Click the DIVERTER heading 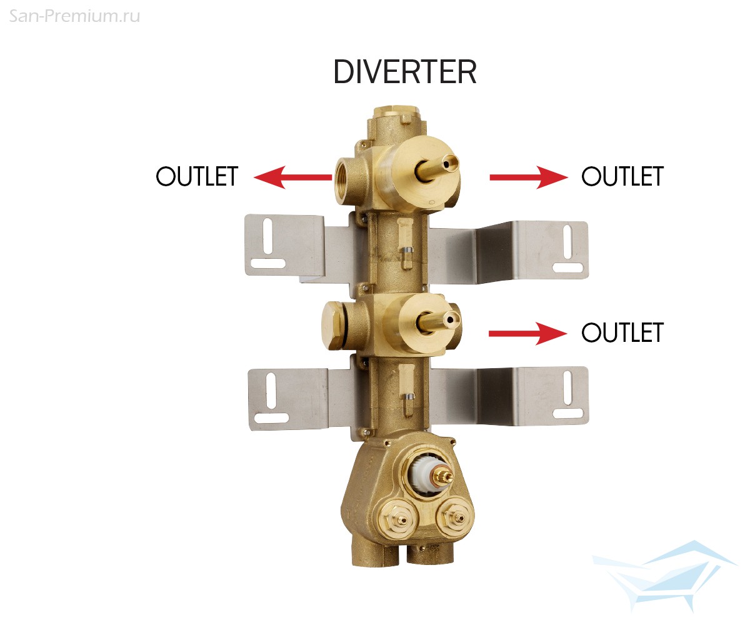click(405, 72)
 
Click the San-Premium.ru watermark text click(74, 16)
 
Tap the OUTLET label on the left click(197, 176)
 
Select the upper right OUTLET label click(622, 176)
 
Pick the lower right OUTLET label click(622, 332)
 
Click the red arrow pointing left click(292, 177)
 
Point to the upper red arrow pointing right click(529, 177)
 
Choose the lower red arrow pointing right click(528, 334)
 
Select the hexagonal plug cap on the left click(332, 326)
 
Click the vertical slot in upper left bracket click(267, 236)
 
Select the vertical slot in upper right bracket click(567, 242)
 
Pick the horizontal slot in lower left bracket click(271, 418)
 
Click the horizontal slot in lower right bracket click(567, 413)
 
